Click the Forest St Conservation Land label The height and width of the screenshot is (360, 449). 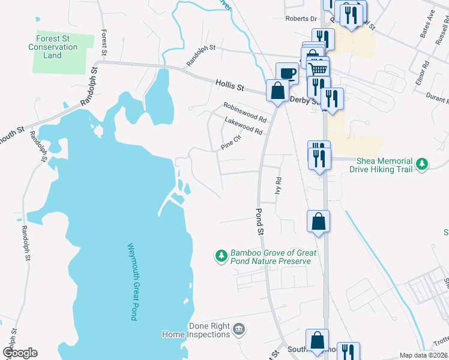(53, 47)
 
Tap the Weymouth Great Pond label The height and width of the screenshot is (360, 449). (133, 281)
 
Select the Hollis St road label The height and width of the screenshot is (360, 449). (229, 87)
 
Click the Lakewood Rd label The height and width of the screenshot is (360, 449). (244, 126)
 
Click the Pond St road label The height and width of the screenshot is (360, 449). (260, 221)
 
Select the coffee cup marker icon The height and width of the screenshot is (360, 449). (287, 73)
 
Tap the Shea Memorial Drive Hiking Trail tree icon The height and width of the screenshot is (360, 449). (423, 163)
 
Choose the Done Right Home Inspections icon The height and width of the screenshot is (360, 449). (239, 329)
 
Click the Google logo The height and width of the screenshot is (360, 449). (20, 353)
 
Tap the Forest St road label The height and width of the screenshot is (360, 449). (104, 43)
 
